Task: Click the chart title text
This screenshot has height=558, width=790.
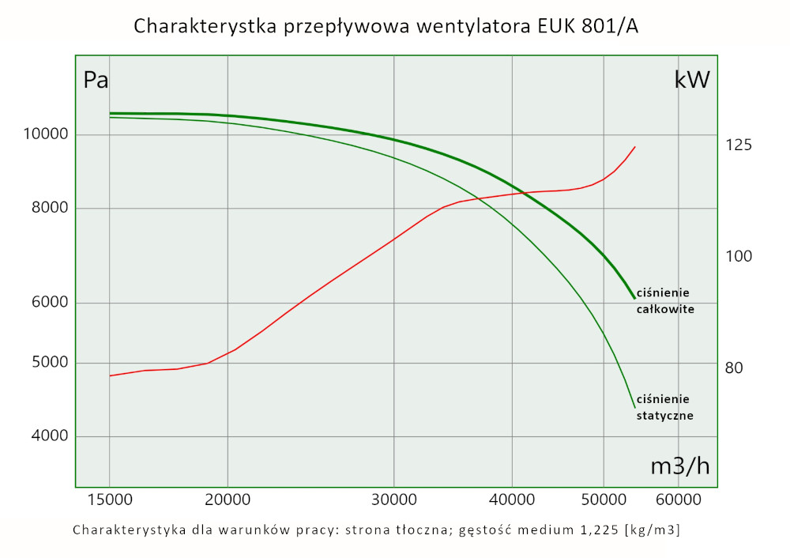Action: click(386, 26)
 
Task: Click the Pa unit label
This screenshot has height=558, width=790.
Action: click(96, 80)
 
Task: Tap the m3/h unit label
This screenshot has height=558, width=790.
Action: click(680, 466)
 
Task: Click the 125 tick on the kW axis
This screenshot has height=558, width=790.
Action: click(739, 145)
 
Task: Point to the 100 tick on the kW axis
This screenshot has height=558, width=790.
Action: click(739, 257)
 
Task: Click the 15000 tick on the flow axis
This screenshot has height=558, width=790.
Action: click(109, 500)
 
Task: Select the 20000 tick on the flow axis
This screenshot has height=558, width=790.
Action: click(228, 500)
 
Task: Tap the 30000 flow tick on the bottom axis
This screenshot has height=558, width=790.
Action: click(393, 500)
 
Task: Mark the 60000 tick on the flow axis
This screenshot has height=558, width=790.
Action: click(679, 500)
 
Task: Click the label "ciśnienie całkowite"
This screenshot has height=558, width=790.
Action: click(665, 302)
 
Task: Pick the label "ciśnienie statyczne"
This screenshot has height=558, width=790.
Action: click(665, 407)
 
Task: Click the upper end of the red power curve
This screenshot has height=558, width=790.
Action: click(634, 147)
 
